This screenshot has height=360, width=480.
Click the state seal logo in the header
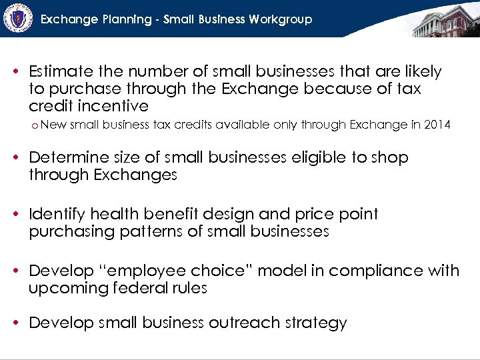pyautogui.click(x=18, y=18)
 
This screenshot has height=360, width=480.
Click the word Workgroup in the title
pyautogui.click(x=281, y=19)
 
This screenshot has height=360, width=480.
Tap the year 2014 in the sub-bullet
pyautogui.click(x=436, y=124)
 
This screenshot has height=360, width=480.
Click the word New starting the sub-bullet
pyautogui.click(x=53, y=124)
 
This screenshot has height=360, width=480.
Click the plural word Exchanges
pyautogui.click(x=136, y=175)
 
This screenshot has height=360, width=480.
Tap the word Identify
pyautogui.click(x=57, y=214)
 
